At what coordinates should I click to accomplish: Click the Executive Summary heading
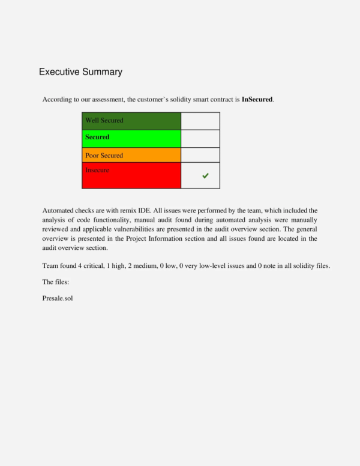[x=80, y=72]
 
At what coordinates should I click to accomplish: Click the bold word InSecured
[x=257, y=99]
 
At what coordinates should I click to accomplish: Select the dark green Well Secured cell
[x=131, y=121]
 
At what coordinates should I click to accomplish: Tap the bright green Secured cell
[x=131, y=138]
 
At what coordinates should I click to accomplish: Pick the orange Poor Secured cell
[x=131, y=155]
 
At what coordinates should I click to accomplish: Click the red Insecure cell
[x=131, y=175]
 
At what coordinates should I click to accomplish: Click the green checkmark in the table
[x=205, y=176]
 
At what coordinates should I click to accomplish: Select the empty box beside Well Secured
[x=200, y=121]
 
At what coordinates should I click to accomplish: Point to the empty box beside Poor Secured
[x=200, y=155]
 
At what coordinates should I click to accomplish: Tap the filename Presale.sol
[x=58, y=298]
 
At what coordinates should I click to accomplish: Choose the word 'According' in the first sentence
[x=58, y=99]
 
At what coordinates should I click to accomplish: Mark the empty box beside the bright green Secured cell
[x=200, y=138]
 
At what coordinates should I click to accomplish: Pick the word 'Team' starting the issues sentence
[x=50, y=265]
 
